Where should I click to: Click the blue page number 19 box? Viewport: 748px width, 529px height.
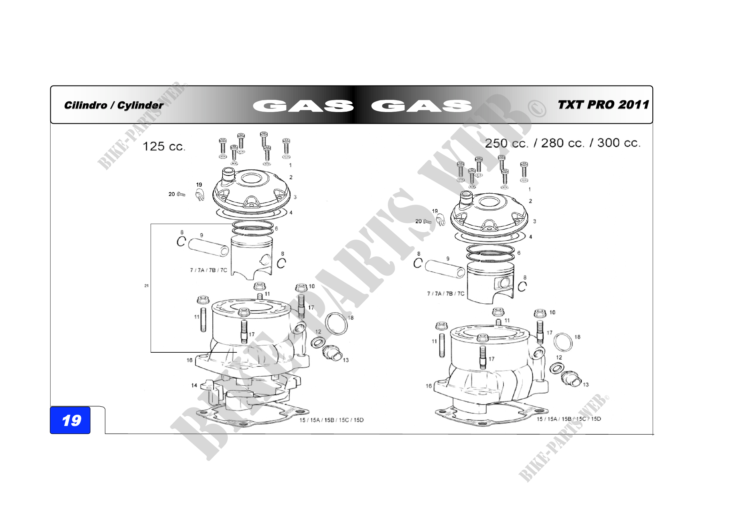tap(70, 420)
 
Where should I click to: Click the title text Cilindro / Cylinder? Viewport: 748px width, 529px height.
tap(114, 105)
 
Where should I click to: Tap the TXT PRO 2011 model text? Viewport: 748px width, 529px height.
tap(603, 105)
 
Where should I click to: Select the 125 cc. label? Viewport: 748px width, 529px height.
tap(164, 146)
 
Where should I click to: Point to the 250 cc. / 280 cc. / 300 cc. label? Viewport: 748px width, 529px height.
tap(563, 143)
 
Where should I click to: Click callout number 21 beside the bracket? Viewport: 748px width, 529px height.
tap(146, 285)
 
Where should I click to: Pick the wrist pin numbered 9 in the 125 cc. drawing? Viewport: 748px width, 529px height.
tap(209, 247)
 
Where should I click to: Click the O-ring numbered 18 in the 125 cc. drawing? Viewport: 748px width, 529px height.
tap(336, 324)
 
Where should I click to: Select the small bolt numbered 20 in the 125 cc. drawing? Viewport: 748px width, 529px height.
tap(181, 194)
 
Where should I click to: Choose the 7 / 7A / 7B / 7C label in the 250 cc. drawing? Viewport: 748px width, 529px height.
tap(446, 294)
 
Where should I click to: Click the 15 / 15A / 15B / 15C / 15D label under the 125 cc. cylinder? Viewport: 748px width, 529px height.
tap(332, 420)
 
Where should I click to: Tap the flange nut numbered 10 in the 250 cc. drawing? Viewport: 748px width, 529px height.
tap(540, 313)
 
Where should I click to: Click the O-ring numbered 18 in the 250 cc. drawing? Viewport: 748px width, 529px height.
tap(563, 342)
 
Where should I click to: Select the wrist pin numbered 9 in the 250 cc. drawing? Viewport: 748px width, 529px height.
tap(445, 269)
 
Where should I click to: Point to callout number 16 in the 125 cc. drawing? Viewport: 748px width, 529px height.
tap(189, 360)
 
